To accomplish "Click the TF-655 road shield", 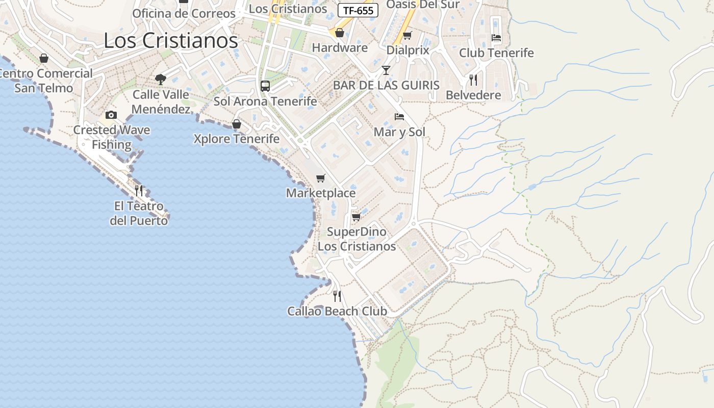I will tap(358, 10).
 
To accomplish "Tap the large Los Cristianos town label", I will tap(171, 41).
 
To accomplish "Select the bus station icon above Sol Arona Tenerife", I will tap(265, 86).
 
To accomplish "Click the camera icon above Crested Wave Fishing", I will tap(111, 115).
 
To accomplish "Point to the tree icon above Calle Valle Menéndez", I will tap(161, 79).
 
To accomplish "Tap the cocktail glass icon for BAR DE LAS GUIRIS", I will tap(386, 70).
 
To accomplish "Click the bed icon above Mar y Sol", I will tap(399, 117).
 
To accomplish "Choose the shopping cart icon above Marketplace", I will tap(321, 178).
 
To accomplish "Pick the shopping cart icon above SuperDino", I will tap(356, 217).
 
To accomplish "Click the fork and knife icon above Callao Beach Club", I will tap(337, 296).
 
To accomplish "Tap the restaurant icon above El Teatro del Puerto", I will tap(139, 191).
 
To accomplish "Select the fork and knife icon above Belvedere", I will tap(473, 80).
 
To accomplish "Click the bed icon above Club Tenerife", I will tap(496, 38).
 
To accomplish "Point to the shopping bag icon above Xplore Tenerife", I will tap(237, 123).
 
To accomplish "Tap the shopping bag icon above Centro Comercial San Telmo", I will tap(44, 58).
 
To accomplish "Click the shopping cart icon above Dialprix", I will tap(407, 35).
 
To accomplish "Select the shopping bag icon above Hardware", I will tap(340, 33).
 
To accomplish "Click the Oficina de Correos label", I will tap(184, 14).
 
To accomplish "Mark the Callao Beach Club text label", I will tap(337, 311).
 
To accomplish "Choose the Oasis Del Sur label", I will tap(423, 5).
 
